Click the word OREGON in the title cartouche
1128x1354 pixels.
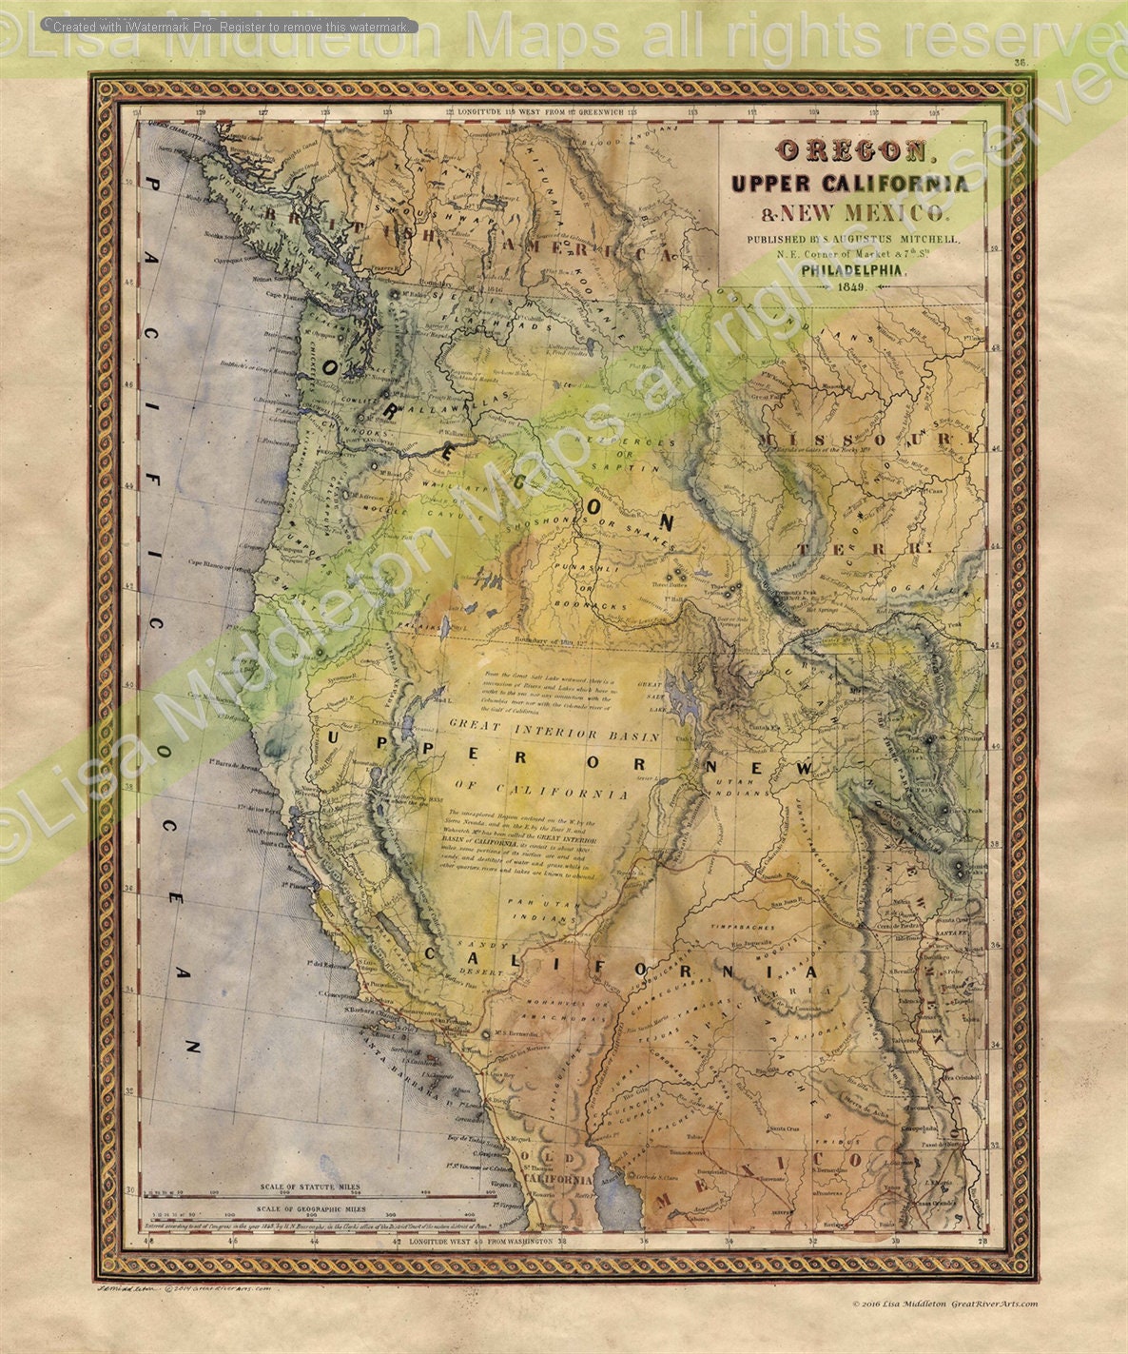coord(852,150)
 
